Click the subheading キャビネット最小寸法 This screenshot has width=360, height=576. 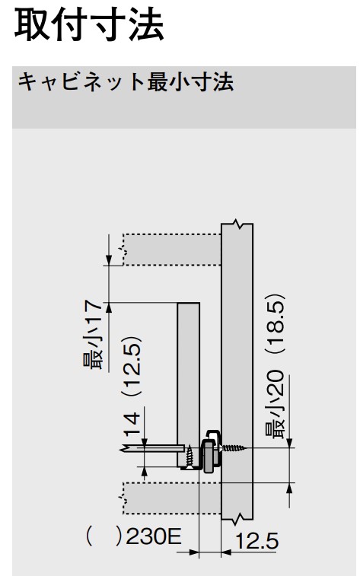tap(126, 83)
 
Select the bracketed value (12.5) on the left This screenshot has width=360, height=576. tap(132, 366)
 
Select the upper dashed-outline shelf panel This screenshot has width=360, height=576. tap(172, 249)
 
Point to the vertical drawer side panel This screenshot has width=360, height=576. tap(189, 380)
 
